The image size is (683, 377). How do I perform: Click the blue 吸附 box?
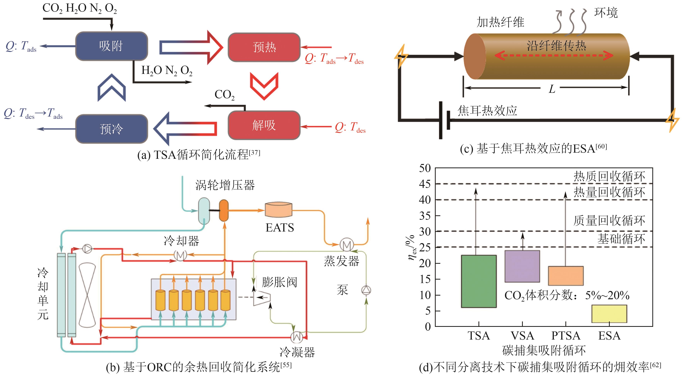[x=111, y=46]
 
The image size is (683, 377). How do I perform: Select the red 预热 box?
[x=264, y=47]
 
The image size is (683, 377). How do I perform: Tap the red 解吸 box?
[x=264, y=125]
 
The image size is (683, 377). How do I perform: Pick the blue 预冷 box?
[x=111, y=129]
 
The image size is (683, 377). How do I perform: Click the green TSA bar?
[x=479, y=281]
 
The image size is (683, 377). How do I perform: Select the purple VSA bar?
[x=522, y=266]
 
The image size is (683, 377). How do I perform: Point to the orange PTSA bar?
[x=566, y=276]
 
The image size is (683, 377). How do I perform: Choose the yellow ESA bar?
[x=609, y=314]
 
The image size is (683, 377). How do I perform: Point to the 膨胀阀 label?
[x=279, y=282]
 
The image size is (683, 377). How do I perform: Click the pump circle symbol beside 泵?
[x=366, y=290]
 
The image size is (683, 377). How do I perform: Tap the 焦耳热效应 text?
[x=487, y=111]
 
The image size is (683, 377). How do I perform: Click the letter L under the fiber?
[x=552, y=89]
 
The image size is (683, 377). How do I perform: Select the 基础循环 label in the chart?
[x=621, y=239]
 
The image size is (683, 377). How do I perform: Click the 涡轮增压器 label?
[x=225, y=185]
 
